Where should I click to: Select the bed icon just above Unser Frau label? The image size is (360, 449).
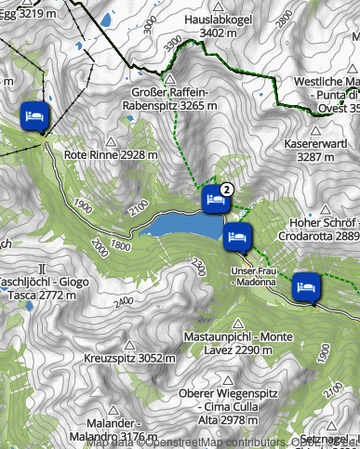pyautogui.click(x=237, y=237)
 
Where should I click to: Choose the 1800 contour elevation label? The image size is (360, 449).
pyautogui.click(x=120, y=245)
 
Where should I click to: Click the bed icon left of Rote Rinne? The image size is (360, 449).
pyautogui.click(x=35, y=117)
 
